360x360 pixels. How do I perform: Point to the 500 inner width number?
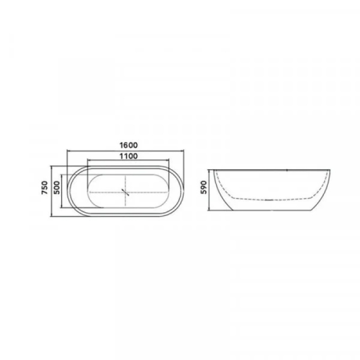(57, 190)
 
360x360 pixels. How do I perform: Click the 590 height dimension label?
(204, 189)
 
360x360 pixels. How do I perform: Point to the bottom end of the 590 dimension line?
(210, 210)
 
